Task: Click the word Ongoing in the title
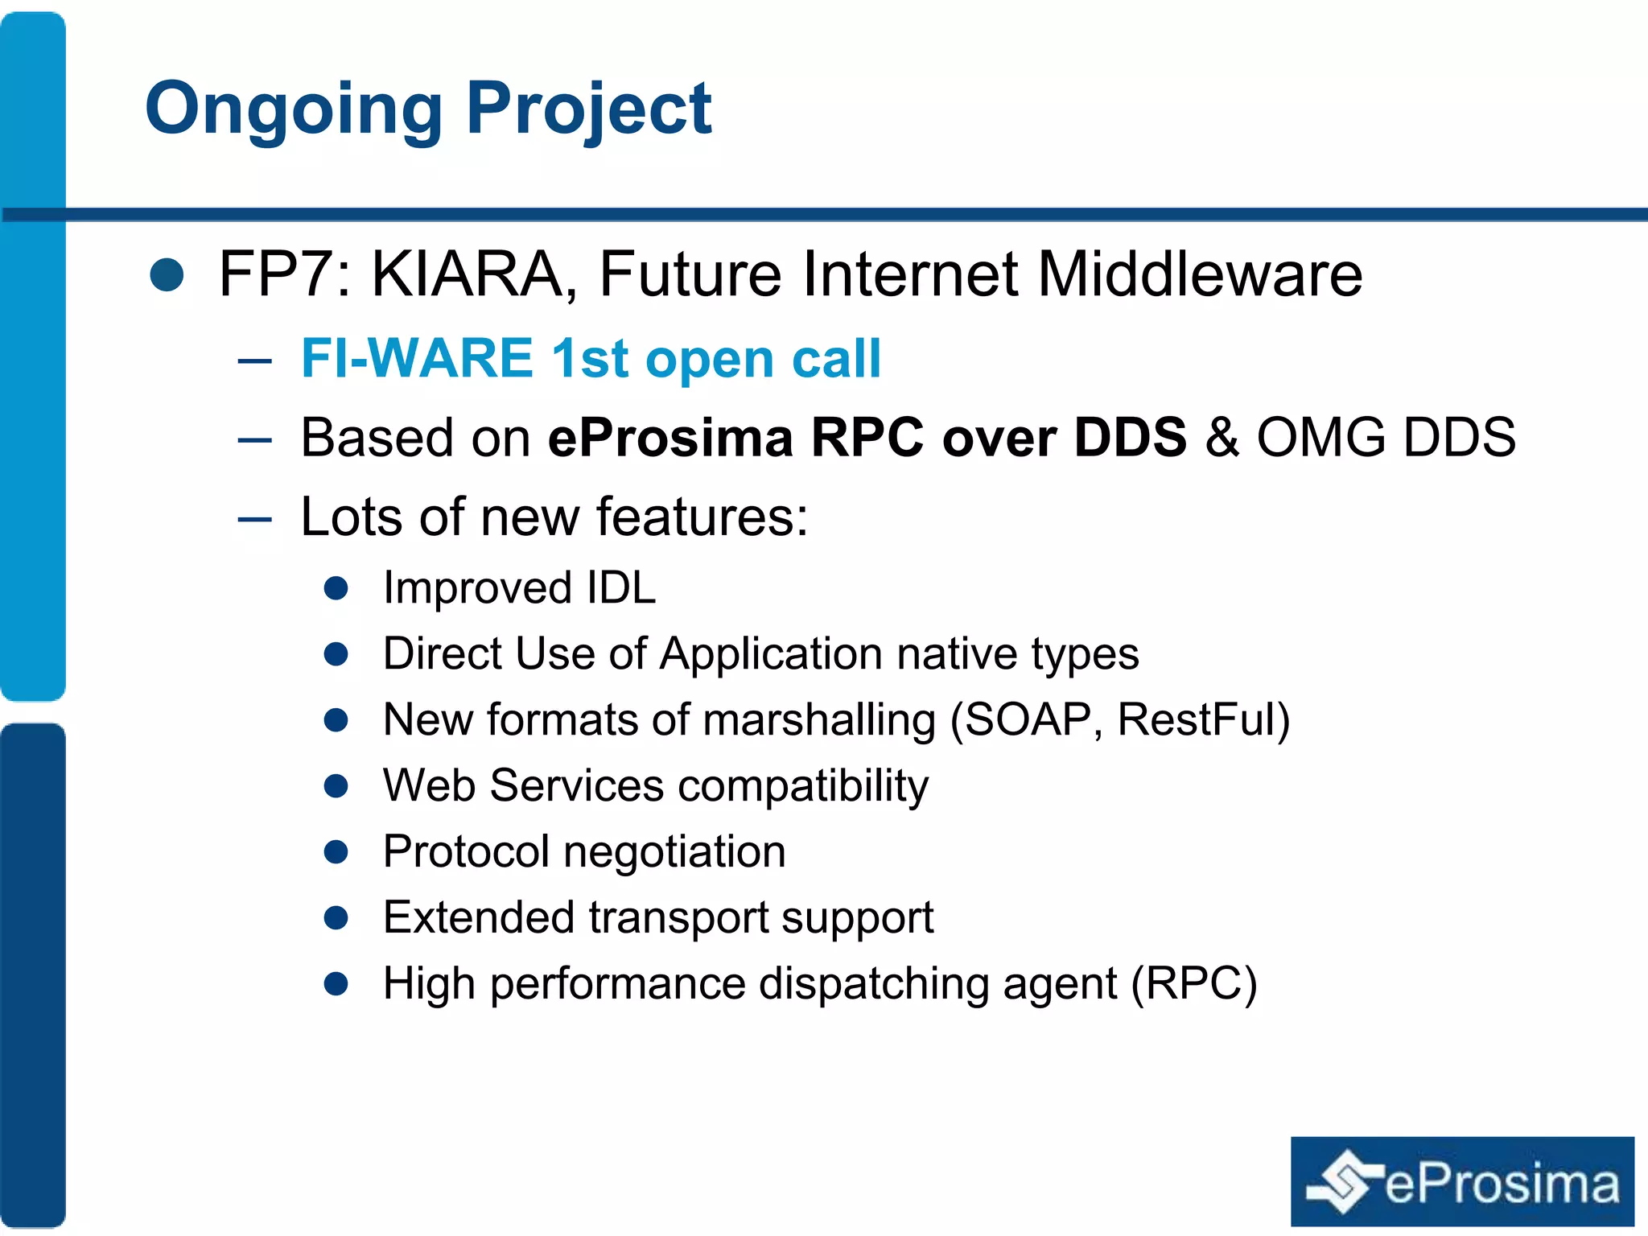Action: pyautogui.click(x=293, y=110)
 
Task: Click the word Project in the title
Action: pyautogui.click(x=589, y=110)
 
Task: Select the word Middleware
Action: pyautogui.click(x=1199, y=275)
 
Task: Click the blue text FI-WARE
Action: pyautogui.click(x=417, y=358)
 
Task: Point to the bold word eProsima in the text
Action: pyautogui.click(x=670, y=438)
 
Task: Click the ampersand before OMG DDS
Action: pyautogui.click(x=1222, y=438)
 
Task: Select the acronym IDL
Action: pyautogui.click(x=620, y=587)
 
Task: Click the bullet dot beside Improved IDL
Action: pyautogui.click(x=336, y=588)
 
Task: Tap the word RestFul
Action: pyautogui.click(x=1196, y=719)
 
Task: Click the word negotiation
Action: pyautogui.click(x=674, y=851)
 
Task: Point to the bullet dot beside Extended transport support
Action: pyautogui.click(x=336, y=918)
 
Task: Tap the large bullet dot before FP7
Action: pyautogui.click(x=167, y=275)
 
